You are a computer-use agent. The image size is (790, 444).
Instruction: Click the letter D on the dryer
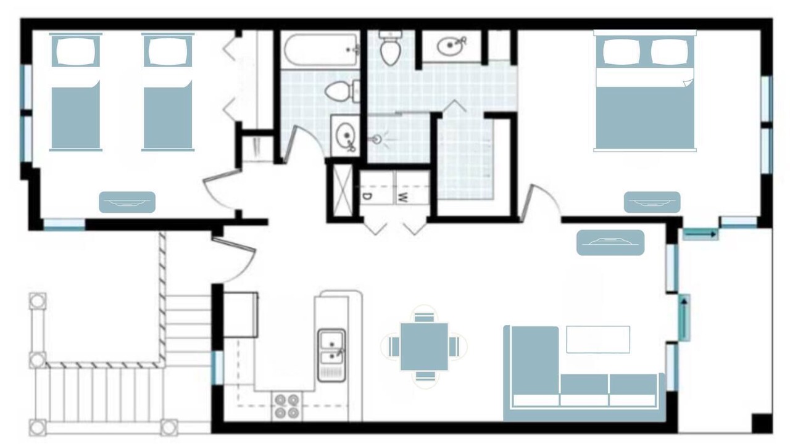coord(367,197)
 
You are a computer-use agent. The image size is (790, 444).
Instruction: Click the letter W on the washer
coord(402,198)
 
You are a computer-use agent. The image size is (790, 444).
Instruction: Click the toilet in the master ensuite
coord(390,48)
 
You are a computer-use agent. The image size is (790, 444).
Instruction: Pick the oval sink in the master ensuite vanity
coord(450,46)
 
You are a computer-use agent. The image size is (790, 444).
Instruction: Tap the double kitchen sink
coord(331,355)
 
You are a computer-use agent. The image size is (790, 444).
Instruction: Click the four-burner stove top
coord(287,406)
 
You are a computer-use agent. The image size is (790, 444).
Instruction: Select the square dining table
coord(424,347)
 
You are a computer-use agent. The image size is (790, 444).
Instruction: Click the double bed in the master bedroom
coord(645,91)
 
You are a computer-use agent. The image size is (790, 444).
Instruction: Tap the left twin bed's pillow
coord(76,51)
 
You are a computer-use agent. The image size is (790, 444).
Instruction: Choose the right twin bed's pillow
coord(168,51)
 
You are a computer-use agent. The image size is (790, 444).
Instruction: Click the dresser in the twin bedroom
coord(127,202)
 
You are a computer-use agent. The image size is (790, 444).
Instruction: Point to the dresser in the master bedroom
coord(652,202)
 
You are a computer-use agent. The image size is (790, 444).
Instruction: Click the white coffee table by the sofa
coord(598,339)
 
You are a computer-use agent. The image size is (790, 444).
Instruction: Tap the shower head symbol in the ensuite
coord(377,139)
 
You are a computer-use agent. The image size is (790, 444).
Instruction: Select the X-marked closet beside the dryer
coord(342,192)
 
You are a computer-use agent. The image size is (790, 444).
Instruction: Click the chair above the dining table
coord(424,316)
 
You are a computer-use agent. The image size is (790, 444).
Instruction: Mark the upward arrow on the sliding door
coord(684,318)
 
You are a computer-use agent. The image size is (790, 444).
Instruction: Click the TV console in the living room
coord(610,243)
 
